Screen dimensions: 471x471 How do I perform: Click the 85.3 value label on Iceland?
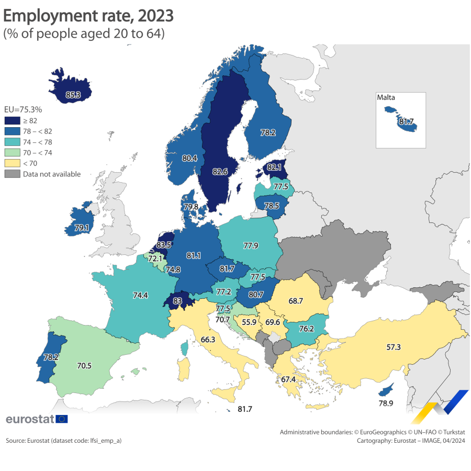point(73,95)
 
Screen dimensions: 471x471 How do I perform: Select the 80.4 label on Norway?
point(189,158)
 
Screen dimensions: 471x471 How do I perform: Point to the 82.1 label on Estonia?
point(274,167)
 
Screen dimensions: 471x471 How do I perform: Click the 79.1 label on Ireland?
point(82,228)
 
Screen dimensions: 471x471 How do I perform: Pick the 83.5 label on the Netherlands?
point(164,244)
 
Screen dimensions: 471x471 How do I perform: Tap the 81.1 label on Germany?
point(194,256)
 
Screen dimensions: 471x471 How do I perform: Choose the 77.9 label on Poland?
point(250,245)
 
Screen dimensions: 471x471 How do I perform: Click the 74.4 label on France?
point(140,295)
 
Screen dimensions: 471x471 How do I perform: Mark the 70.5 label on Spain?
point(84,366)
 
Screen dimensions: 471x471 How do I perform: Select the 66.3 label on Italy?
point(208,340)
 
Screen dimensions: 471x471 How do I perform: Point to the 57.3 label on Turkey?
point(380,347)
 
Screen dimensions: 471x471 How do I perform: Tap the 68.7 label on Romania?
point(296,301)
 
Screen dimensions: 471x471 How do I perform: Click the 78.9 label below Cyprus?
point(386,404)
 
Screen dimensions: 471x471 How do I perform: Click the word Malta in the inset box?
point(386,97)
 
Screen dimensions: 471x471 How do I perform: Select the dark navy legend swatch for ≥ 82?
point(12,120)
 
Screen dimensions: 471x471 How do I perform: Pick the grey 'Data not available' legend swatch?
point(12,174)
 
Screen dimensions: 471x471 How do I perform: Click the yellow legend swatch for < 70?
point(12,163)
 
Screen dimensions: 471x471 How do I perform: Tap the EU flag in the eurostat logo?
point(62,419)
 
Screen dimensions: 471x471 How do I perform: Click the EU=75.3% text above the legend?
point(23,110)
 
